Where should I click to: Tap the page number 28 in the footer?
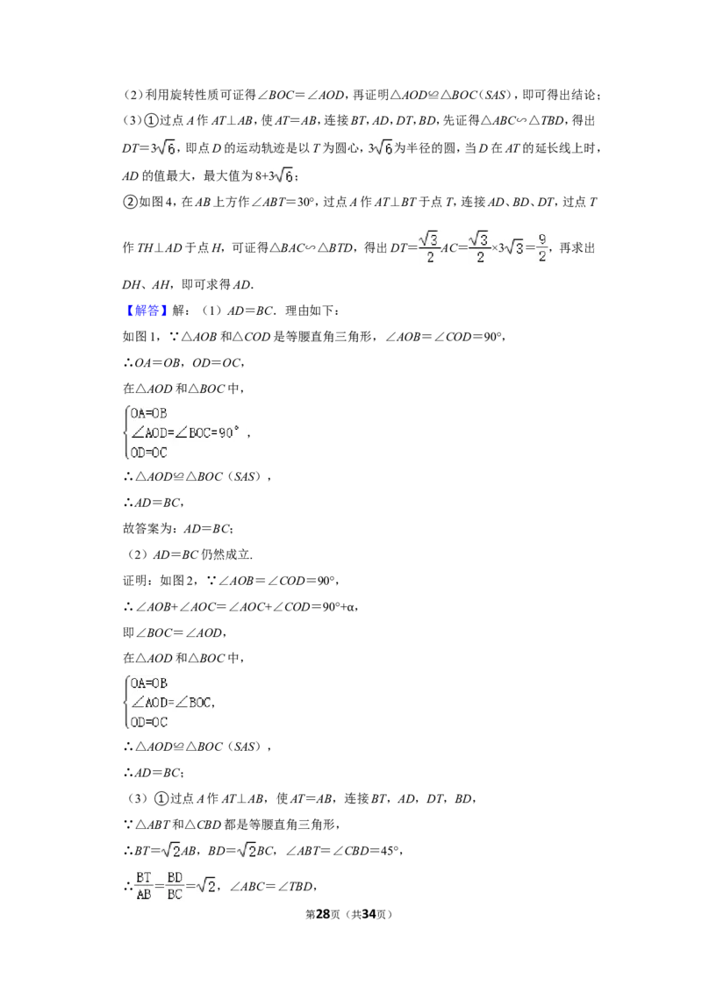tap(323, 914)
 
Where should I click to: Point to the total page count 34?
tap(369, 914)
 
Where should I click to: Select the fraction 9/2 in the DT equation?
tap(541, 247)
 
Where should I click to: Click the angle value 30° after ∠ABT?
tap(305, 202)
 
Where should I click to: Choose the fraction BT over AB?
tap(144, 885)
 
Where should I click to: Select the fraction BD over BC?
tap(175, 885)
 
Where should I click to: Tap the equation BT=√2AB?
tap(165, 851)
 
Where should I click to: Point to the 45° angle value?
tap(390, 851)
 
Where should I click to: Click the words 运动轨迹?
tap(260, 148)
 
